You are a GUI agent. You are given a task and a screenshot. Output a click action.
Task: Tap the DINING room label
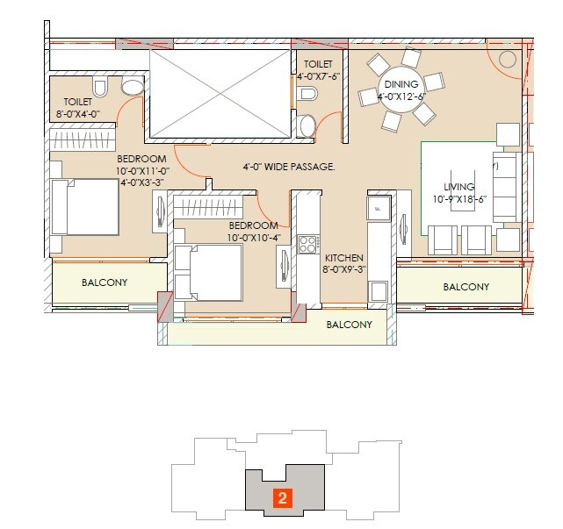pyautogui.click(x=401, y=86)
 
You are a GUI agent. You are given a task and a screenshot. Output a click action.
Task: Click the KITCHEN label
pyautogui.click(x=345, y=258)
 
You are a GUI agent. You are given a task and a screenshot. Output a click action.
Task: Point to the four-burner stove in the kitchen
pyautogui.click(x=308, y=245)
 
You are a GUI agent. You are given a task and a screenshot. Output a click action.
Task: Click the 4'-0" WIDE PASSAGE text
pyautogui.click(x=289, y=166)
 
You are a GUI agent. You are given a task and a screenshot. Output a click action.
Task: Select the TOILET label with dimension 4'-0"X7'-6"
pyautogui.click(x=318, y=65)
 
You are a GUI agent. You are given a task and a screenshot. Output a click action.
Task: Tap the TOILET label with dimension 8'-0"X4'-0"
pyautogui.click(x=66, y=102)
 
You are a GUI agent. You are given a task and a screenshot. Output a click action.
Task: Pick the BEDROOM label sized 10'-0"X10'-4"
pyautogui.click(x=254, y=225)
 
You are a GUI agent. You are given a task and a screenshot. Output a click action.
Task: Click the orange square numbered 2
pyautogui.click(x=282, y=497)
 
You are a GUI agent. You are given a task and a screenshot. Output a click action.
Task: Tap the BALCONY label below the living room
pyautogui.click(x=466, y=287)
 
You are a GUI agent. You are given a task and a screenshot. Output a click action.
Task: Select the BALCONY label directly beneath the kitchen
pyautogui.click(x=349, y=324)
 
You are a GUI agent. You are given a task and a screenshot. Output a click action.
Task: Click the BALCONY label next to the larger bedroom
pyautogui.click(x=105, y=282)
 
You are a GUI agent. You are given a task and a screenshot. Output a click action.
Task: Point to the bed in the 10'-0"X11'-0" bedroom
pyautogui.click(x=85, y=207)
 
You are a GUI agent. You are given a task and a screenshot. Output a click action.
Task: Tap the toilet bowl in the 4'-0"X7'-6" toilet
pyautogui.click(x=307, y=125)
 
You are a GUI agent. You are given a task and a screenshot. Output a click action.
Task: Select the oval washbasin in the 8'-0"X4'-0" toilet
pyautogui.click(x=132, y=87)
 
